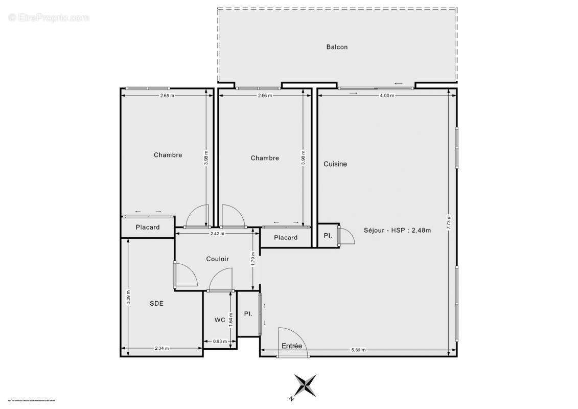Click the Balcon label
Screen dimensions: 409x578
(337, 47)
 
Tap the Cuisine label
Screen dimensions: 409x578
(335, 164)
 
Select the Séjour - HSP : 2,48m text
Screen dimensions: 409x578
(398, 230)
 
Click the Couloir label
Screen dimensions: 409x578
(217, 259)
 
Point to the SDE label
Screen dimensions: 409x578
(156, 303)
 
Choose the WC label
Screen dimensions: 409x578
(220, 320)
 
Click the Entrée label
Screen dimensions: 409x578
(292, 346)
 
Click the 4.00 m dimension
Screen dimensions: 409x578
(387, 95)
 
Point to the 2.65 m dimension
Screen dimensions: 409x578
(167, 95)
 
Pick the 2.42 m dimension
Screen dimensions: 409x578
(218, 234)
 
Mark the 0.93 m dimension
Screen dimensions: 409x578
(220, 342)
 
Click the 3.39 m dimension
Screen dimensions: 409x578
(128, 298)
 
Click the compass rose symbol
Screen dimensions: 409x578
(305, 386)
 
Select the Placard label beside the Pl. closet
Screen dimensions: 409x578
(286, 238)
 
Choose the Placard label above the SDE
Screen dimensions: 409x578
(148, 228)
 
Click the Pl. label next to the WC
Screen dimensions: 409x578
(248, 313)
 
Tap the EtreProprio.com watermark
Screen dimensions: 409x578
(49, 18)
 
